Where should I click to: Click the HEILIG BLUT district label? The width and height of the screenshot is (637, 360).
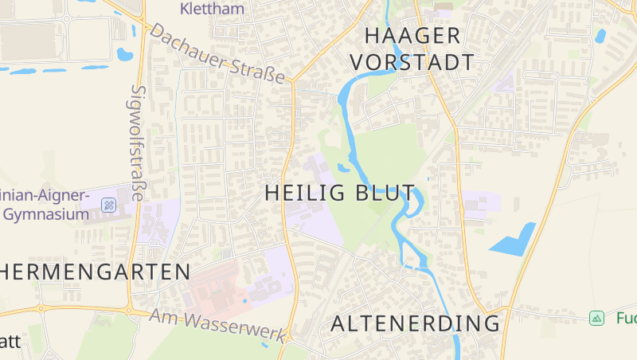tap(340, 194)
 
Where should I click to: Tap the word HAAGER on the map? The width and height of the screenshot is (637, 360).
tap(412, 36)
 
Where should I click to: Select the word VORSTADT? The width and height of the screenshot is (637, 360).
tap(412, 62)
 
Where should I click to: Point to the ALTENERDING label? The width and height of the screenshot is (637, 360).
tap(415, 323)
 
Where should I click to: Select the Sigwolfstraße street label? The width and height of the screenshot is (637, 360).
tap(138, 143)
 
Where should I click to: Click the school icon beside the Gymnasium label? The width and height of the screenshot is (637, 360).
tap(108, 206)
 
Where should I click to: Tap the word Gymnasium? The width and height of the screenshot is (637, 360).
tap(45, 214)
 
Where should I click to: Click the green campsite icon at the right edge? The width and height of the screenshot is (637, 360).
tap(596, 318)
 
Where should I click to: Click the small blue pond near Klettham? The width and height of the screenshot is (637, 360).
tap(124, 55)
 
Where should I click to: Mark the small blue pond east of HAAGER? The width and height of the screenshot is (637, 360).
tap(600, 36)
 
